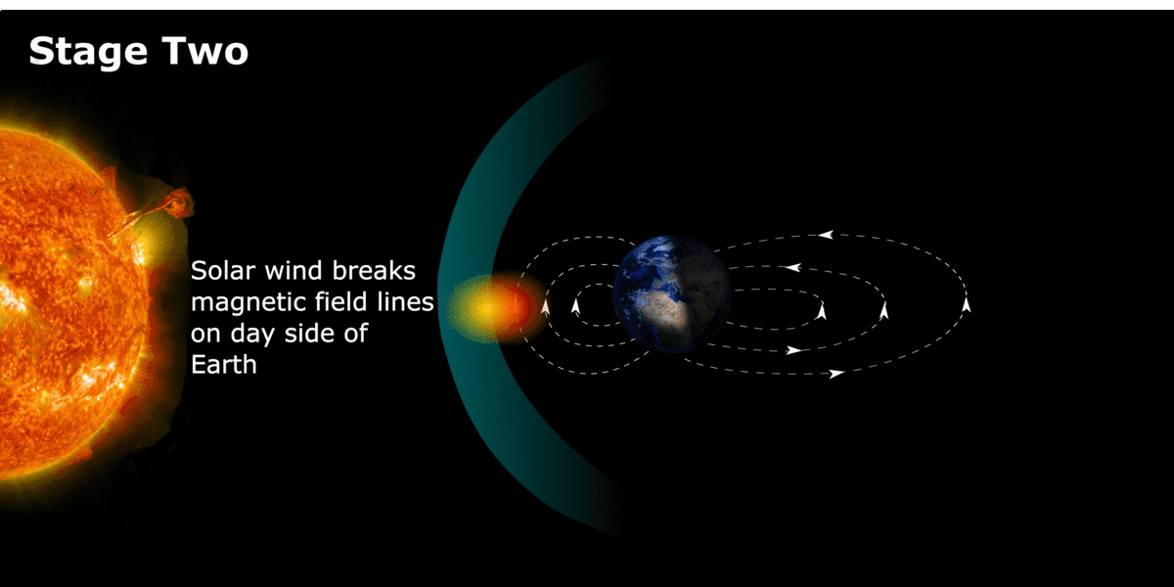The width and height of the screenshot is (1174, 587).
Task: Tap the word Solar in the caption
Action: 223,270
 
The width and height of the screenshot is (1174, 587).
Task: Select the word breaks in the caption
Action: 373,270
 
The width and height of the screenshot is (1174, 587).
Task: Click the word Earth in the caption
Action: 224,364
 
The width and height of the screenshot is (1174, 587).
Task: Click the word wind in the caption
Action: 293,270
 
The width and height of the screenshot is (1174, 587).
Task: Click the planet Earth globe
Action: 672,293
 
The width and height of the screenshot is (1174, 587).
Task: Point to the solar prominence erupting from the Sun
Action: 158,210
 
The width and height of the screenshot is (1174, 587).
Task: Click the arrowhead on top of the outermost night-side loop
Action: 826,234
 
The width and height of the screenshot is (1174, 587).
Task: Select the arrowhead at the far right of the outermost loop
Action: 966,304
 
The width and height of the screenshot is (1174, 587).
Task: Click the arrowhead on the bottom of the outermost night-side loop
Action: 836,374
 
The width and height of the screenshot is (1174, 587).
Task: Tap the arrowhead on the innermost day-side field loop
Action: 575,306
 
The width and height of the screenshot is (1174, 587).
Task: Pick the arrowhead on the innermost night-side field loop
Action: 821,311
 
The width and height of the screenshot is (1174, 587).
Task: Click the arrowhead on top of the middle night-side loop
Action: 793,268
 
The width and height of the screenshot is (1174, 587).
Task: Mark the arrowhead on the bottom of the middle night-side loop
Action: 794,350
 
